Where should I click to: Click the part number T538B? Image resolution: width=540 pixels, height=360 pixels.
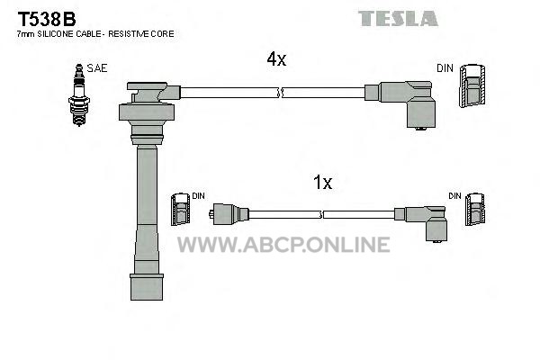47,19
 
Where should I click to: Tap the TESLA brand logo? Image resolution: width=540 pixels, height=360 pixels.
398,18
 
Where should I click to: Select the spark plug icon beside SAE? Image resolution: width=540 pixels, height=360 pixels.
79,94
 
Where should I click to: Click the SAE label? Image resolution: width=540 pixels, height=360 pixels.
97,68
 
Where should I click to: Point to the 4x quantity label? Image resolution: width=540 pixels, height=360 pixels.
276,59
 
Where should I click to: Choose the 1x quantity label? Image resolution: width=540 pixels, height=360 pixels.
323,182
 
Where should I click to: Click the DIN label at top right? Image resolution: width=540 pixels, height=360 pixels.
445,68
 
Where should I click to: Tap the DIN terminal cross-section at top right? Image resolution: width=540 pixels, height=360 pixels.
472,85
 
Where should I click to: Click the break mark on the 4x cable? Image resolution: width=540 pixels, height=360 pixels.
280,93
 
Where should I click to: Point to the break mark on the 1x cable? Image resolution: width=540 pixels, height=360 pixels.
321,214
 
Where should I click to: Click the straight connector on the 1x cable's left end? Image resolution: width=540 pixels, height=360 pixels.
229,214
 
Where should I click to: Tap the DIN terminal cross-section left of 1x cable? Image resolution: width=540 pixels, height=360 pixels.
181,210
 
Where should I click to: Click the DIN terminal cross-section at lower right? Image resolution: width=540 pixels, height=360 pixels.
475,210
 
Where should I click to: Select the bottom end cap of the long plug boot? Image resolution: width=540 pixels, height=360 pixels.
147,287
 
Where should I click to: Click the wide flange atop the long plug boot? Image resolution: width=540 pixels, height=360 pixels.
147,112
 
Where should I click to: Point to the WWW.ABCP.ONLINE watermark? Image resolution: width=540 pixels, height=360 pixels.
283,245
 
